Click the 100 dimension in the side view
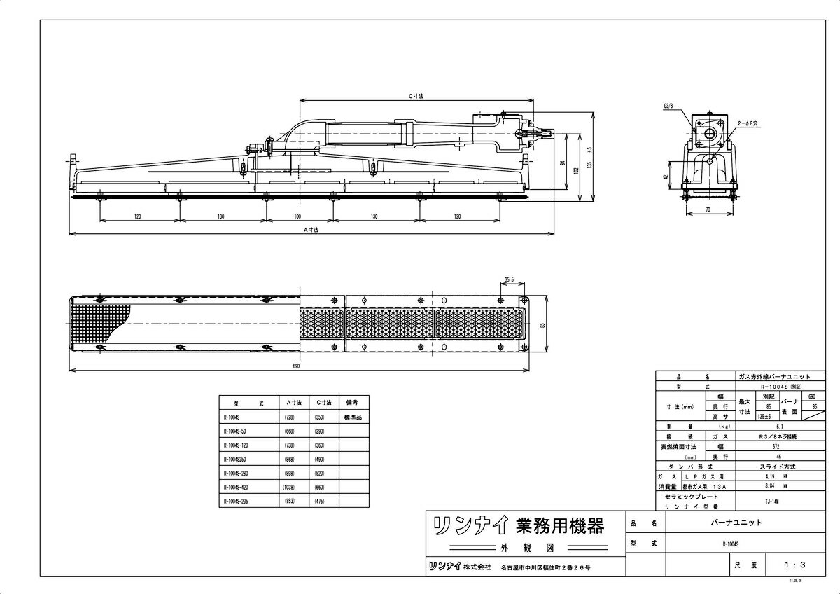(297, 216)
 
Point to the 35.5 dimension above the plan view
(509, 280)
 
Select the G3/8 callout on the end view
(667, 106)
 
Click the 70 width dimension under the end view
(708, 209)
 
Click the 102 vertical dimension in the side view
(575, 170)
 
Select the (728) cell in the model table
(293, 417)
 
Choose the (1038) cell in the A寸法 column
(293, 487)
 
